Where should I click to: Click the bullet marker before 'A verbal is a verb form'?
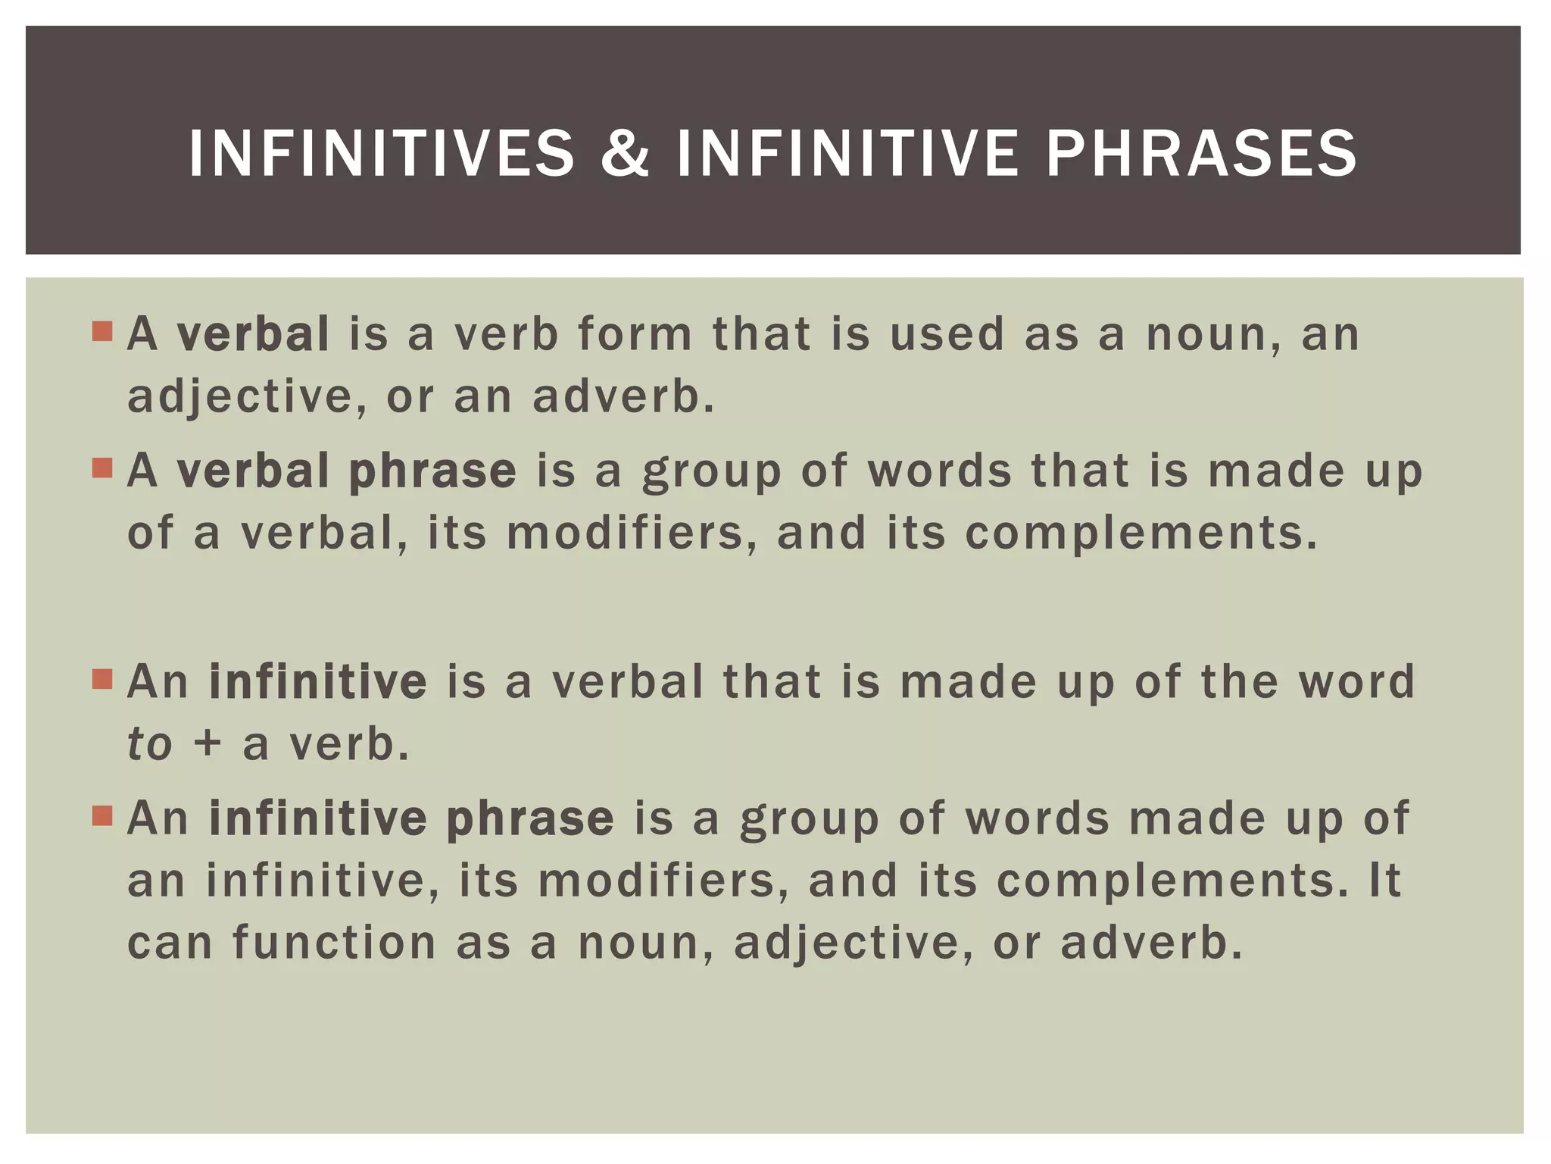pyautogui.click(x=102, y=332)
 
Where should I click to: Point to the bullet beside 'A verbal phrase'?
pyautogui.click(x=102, y=468)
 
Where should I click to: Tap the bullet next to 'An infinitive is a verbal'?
pyautogui.click(x=102, y=678)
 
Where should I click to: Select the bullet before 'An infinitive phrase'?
pyautogui.click(x=102, y=815)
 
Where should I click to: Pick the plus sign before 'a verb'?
pyautogui.click(x=207, y=743)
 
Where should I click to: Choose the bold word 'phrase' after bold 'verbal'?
pyautogui.click(x=432, y=471)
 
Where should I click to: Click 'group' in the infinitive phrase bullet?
pyautogui.click(x=809, y=820)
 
